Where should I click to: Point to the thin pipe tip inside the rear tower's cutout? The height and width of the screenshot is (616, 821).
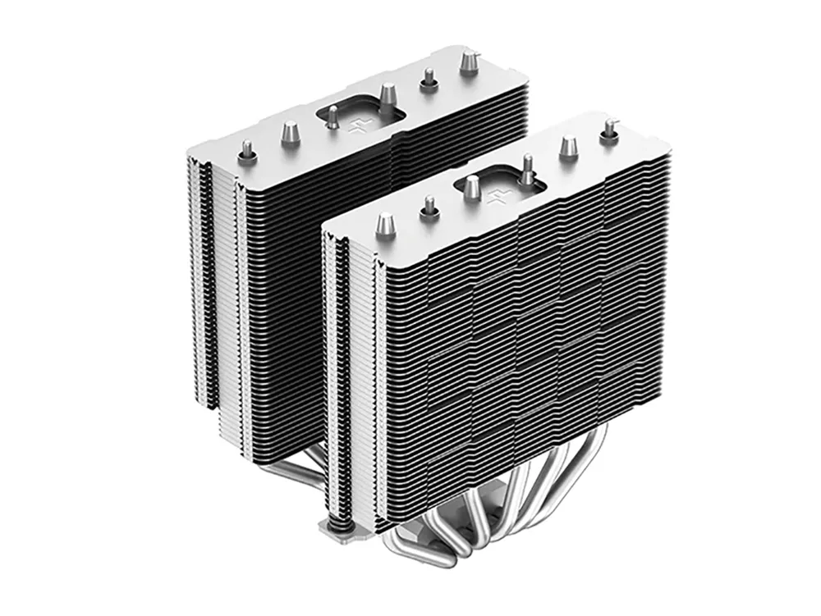pyautogui.click(x=332, y=116)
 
